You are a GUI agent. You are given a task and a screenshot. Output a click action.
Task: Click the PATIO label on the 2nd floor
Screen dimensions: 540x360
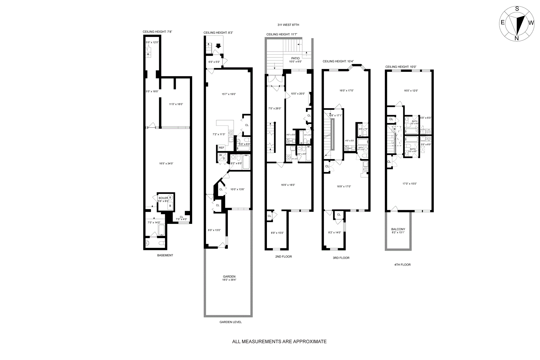click(x=295, y=58)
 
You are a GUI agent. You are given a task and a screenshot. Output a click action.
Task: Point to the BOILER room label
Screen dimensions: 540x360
click(x=163, y=198)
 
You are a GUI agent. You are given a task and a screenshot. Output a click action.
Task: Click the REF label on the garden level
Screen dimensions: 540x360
click(x=221, y=148)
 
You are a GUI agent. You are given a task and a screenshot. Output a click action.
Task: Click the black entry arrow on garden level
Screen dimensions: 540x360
click(x=219, y=46)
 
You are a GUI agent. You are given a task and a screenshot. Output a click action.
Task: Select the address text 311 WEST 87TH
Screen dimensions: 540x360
click(x=288, y=25)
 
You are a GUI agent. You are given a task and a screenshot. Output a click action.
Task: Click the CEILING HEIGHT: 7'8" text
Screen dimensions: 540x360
click(x=157, y=32)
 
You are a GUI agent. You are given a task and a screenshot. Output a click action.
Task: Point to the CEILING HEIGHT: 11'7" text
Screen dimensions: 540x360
click(x=282, y=34)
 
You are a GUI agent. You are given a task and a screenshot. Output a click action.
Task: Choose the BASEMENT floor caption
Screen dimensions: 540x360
click(x=165, y=255)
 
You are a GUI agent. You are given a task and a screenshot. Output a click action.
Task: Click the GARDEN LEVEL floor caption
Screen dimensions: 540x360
click(x=230, y=322)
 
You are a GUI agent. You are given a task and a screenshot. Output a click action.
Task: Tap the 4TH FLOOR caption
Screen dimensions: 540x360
click(x=402, y=265)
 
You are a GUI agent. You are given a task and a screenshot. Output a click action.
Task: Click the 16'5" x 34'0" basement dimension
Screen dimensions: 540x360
click(x=166, y=163)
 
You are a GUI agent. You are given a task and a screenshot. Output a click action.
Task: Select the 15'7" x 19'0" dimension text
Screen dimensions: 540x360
click(x=228, y=94)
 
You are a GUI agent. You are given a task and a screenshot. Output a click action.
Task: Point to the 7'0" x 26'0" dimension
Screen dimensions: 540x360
click(x=274, y=108)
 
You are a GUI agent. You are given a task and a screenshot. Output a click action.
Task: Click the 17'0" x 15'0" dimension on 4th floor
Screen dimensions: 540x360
click(x=409, y=184)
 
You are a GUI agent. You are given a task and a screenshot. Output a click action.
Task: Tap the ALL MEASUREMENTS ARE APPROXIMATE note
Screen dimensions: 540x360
click(x=279, y=342)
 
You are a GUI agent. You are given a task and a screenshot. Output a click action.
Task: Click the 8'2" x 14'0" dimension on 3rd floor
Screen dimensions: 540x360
click(x=334, y=232)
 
